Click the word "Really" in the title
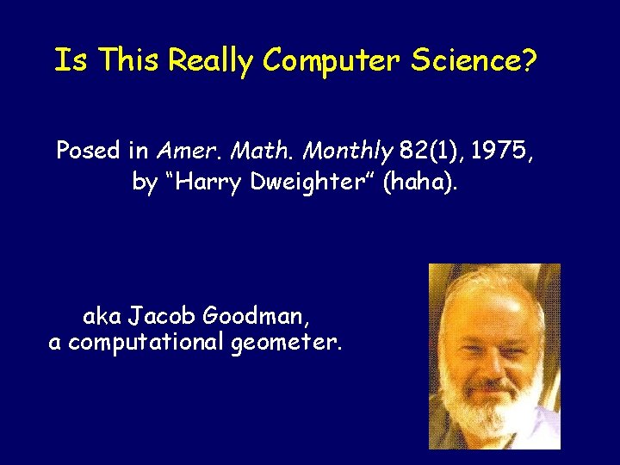coord(212,60)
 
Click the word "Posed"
coord(88,151)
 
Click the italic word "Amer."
coord(185,151)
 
